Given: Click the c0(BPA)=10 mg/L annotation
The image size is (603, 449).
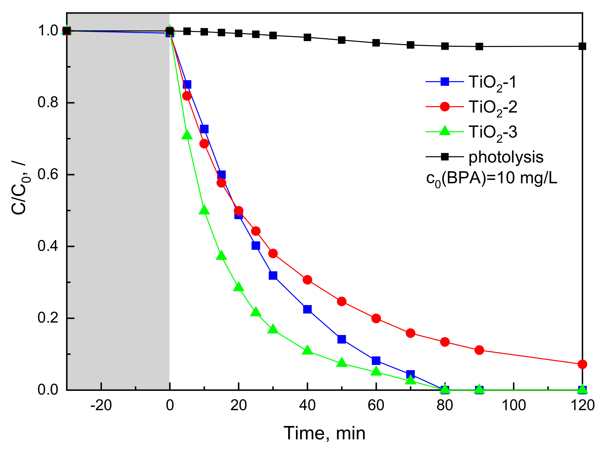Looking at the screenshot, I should coord(492,179).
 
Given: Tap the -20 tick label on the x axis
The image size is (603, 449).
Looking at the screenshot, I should coord(101,405).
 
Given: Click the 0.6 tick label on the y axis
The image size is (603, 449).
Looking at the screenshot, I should coord(48,174).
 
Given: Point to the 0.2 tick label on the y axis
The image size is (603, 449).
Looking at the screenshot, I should coord(48,318).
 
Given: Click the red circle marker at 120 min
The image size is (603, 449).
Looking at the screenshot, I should coord(582,364).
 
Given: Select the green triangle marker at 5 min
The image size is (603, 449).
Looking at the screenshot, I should coord(187,135).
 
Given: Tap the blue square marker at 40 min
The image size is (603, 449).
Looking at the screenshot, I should coord(307,309).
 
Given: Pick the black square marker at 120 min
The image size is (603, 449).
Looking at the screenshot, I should coord(582,46).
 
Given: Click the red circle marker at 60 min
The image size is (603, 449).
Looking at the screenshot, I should coord(376,318).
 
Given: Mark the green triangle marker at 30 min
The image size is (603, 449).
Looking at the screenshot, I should coord(273,329).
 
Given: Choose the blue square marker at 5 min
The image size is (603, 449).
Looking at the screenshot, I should coord(187,84).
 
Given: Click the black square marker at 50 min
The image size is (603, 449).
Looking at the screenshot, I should coord(341,40).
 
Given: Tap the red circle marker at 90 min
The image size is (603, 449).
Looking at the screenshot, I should coord(479,350).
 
